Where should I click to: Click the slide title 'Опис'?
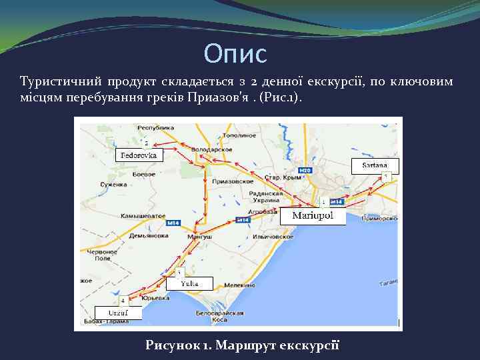click(x=235, y=53)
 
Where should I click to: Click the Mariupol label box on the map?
click(x=313, y=216)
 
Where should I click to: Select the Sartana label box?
click(x=375, y=165)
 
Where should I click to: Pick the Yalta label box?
click(x=189, y=283)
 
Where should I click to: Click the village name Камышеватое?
click(x=143, y=217)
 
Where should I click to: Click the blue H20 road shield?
click(x=305, y=171)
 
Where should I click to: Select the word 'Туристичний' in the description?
click(x=61, y=82)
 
